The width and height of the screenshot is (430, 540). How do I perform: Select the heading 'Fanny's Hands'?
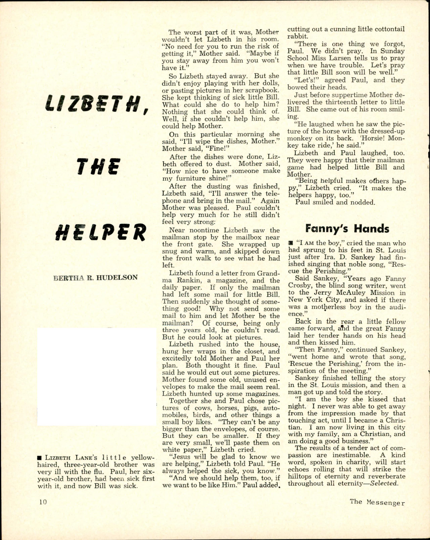[347, 229]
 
